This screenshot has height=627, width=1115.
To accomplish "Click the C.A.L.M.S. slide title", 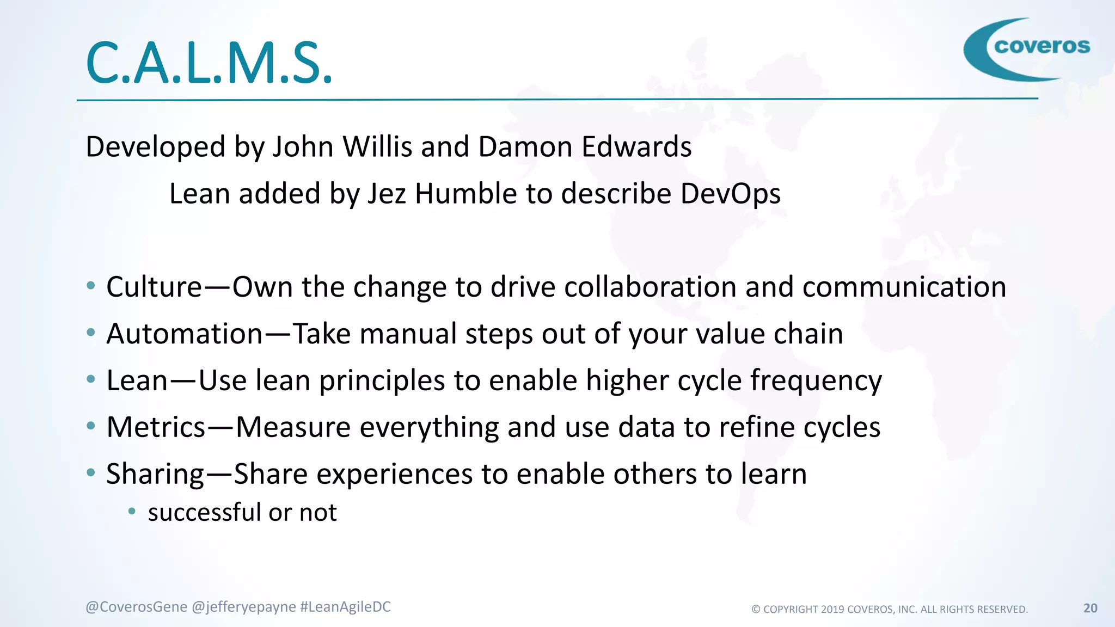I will coord(209,64).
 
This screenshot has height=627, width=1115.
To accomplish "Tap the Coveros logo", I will coord(1027,49).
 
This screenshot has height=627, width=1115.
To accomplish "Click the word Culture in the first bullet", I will coord(154,287).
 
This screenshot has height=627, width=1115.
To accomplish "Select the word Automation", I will coord(185,334).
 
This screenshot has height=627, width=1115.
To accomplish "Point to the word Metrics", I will coord(156,427).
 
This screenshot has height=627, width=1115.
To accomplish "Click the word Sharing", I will coord(155,474).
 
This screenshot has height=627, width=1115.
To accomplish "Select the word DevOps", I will coord(730,194).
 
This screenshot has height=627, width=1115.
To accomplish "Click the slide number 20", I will coord(1090,608).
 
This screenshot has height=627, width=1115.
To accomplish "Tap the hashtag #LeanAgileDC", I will coord(345,607).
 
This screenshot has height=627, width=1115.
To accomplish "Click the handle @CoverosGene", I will coord(136,607).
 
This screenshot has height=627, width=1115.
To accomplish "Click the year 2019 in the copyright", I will coord(832,610).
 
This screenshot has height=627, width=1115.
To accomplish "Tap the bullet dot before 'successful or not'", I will coord(131,511).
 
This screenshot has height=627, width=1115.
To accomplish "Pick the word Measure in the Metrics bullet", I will coord(293,427).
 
